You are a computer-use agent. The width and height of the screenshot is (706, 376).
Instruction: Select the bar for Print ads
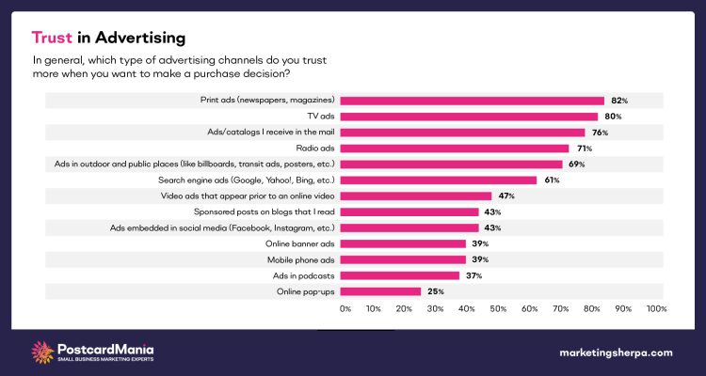click(472, 101)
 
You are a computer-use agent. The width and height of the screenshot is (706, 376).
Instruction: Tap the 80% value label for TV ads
click(611, 117)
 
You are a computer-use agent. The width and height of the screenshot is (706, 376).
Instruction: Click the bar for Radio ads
click(454, 149)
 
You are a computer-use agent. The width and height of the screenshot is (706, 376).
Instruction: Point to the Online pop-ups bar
click(380, 291)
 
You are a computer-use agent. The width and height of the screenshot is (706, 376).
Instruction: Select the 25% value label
click(434, 291)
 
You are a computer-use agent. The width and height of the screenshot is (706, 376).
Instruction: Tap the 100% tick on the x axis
click(656, 309)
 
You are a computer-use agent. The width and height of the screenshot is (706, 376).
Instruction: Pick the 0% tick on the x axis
click(345, 309)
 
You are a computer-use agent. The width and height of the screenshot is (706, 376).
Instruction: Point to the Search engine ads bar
click(438, 180)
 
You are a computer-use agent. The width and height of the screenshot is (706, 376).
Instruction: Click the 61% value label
click(551, 180)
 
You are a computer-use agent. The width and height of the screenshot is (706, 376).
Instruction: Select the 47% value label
click(505, 196)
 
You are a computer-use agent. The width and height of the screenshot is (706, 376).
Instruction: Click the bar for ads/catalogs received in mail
click(462, 133)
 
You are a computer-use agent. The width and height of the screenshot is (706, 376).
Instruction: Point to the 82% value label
click(618, 101)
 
